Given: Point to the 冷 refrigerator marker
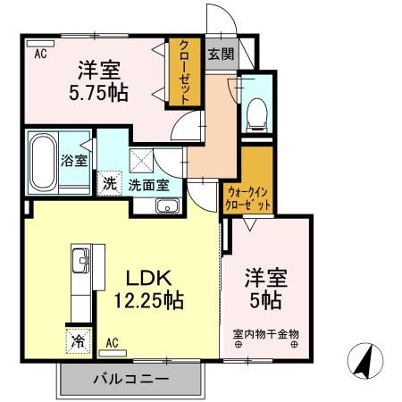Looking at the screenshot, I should [78, 340].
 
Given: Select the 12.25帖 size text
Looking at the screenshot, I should [148, 300].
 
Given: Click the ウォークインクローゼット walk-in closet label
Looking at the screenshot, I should [247, 197].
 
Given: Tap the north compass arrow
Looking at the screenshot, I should [365, 360].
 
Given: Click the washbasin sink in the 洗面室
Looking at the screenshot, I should [167, 206].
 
